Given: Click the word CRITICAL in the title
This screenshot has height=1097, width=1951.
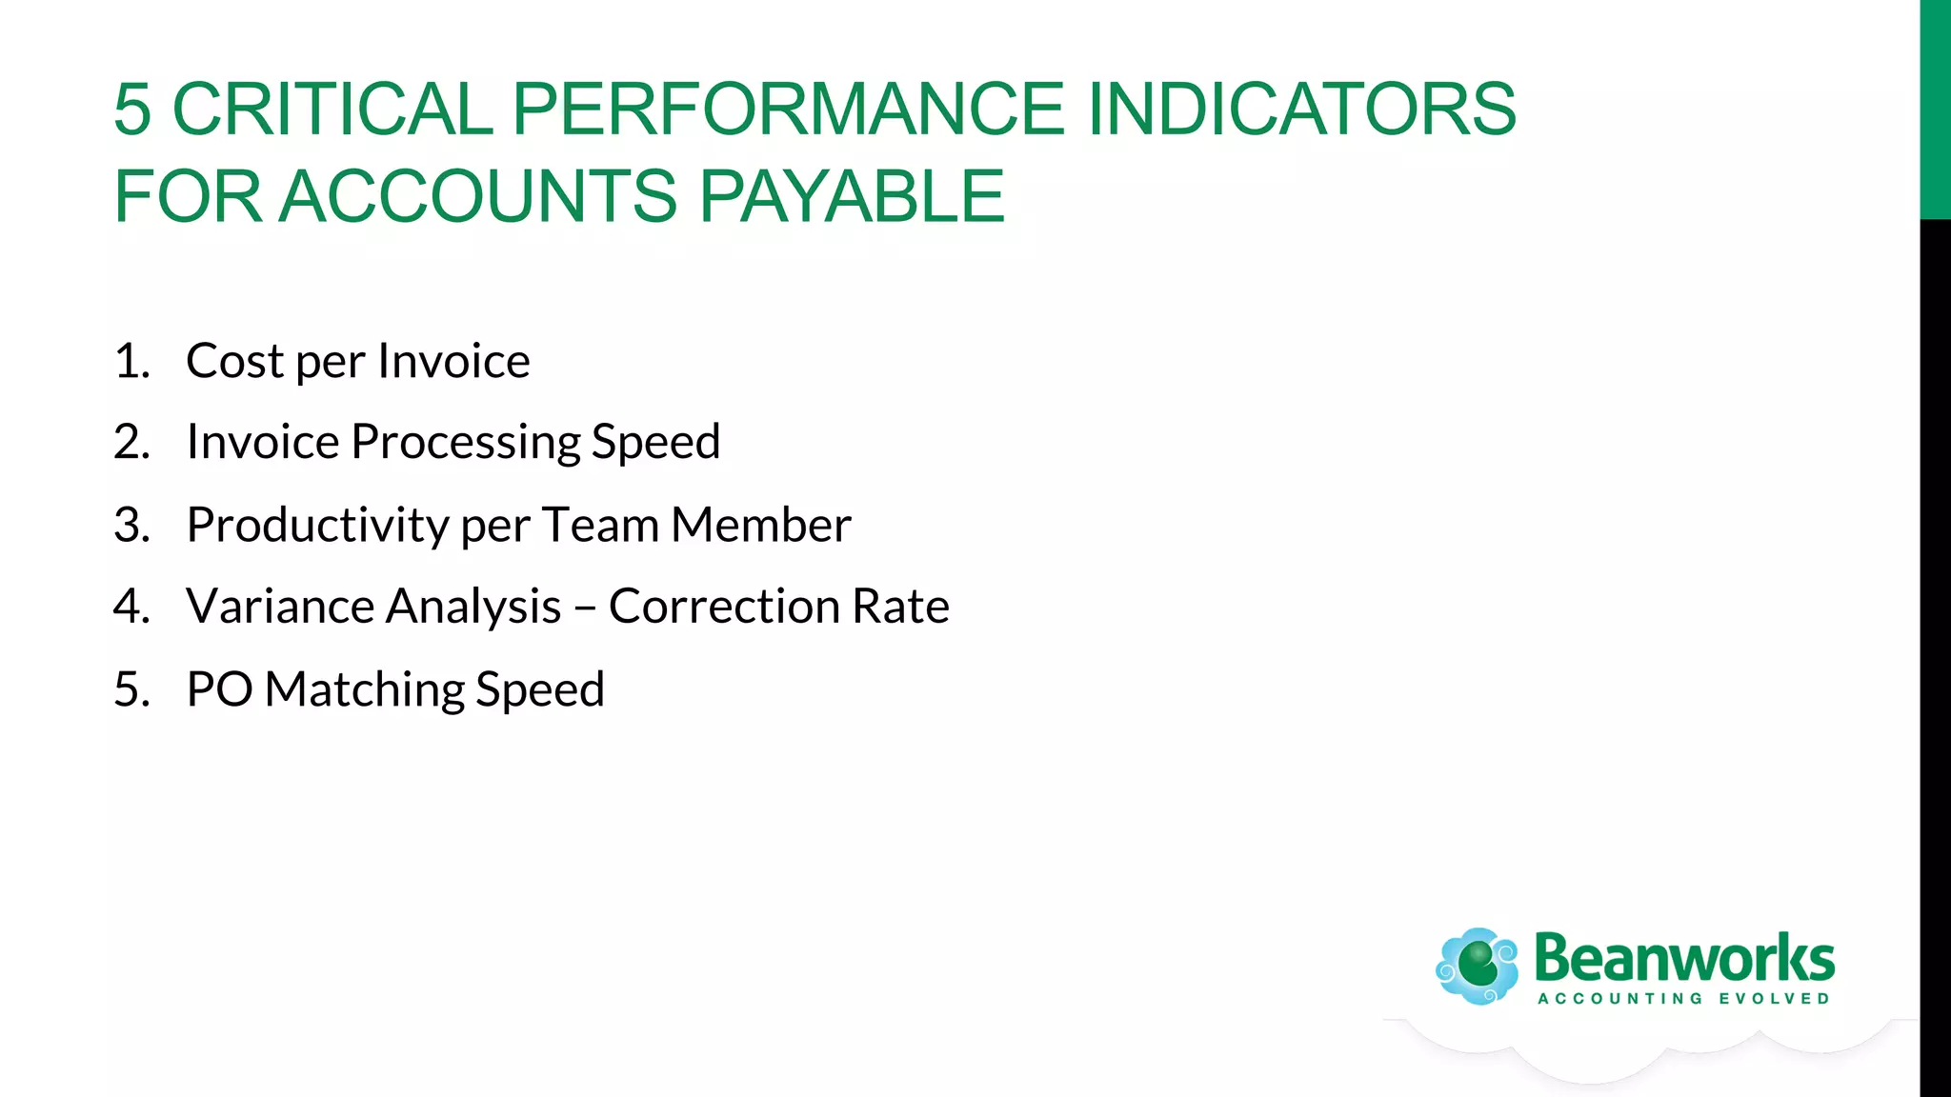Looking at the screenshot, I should pyautogui.click(x=332, y=109).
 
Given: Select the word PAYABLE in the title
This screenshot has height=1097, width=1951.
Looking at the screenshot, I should pyautogui.click(x=852, y=196).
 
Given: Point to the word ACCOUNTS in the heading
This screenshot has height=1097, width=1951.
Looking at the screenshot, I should pyautogui.click(x=477, y=196).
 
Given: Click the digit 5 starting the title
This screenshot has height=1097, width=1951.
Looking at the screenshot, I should pyautogui.click(x=132, y=109).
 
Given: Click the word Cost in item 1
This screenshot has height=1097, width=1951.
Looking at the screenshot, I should pyautogui.click(x=234, y=361).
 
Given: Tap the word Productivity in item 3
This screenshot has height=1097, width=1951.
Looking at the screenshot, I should pyautogui.click(x=317, y=526).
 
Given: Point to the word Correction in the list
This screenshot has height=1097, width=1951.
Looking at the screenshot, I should pyautogui.click(x=724, y=607).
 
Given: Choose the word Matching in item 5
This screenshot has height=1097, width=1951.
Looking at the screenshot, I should pyautogui.click(x=364, y=689).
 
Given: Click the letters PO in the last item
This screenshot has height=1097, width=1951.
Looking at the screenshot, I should pyautogui.click(x=219, y=689).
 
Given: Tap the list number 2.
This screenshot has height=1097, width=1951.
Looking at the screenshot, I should pyautogui.click(x=131, y=443).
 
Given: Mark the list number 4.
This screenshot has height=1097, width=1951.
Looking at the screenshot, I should pyautogui.click(x=131, y=607).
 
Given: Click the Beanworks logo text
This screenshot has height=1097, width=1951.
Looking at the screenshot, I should pyautogui.click(x=1683, y=958).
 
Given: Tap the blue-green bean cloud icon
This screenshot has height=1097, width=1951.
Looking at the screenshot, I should pyautogui.click(x=1478, y=966).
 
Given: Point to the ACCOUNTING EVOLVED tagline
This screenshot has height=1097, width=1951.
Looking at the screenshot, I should pyautogui.click(x=1683, y=999).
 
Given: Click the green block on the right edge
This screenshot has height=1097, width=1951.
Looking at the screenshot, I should pyautogui.click(x=1935, y=110).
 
